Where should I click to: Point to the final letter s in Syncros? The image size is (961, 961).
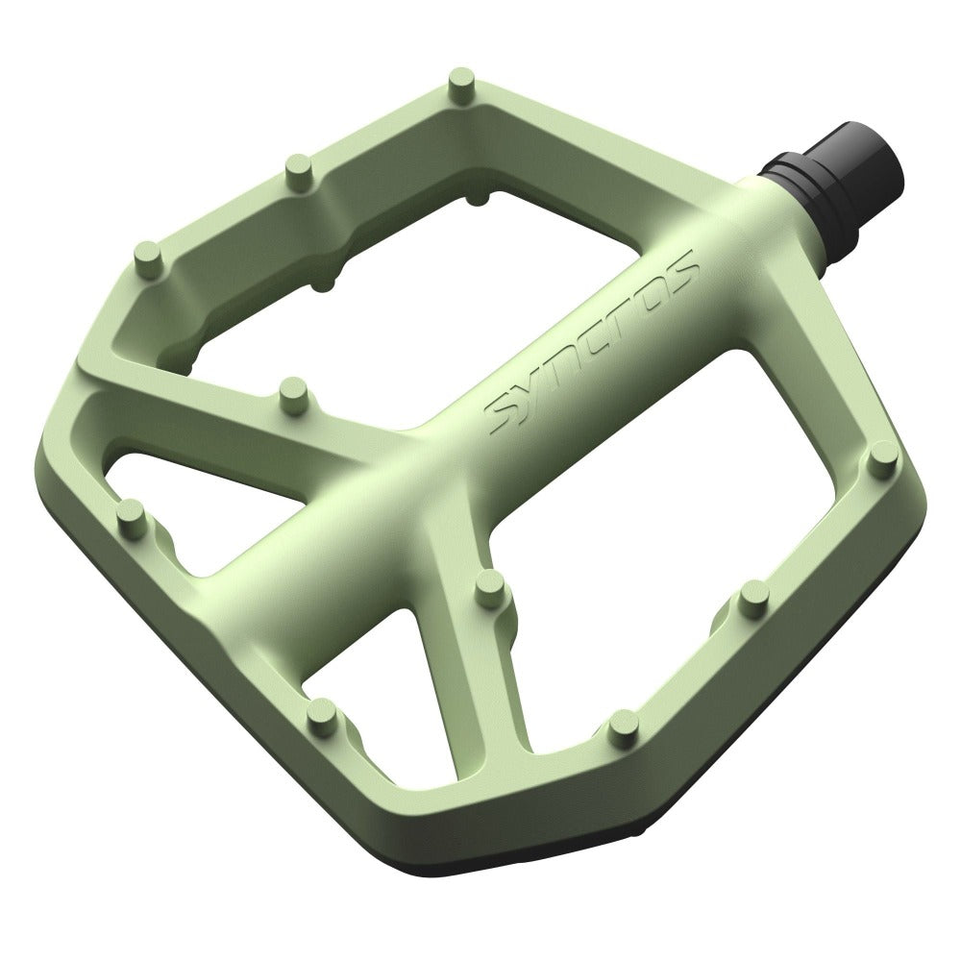point(679,274)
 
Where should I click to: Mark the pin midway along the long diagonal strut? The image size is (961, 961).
point(289,392)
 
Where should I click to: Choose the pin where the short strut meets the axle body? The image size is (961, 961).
point(491,582)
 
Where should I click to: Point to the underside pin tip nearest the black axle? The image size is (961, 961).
point(479,195)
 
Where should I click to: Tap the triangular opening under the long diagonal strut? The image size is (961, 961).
point(192,500)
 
